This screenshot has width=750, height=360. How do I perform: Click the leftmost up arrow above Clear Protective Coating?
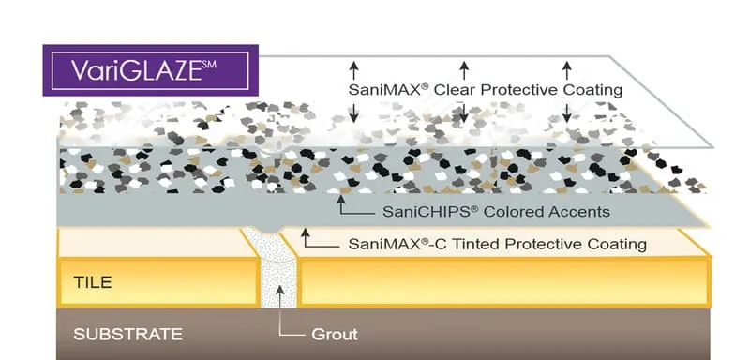tap(354, 68)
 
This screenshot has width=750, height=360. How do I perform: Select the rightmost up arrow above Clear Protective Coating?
tap(566, 68)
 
